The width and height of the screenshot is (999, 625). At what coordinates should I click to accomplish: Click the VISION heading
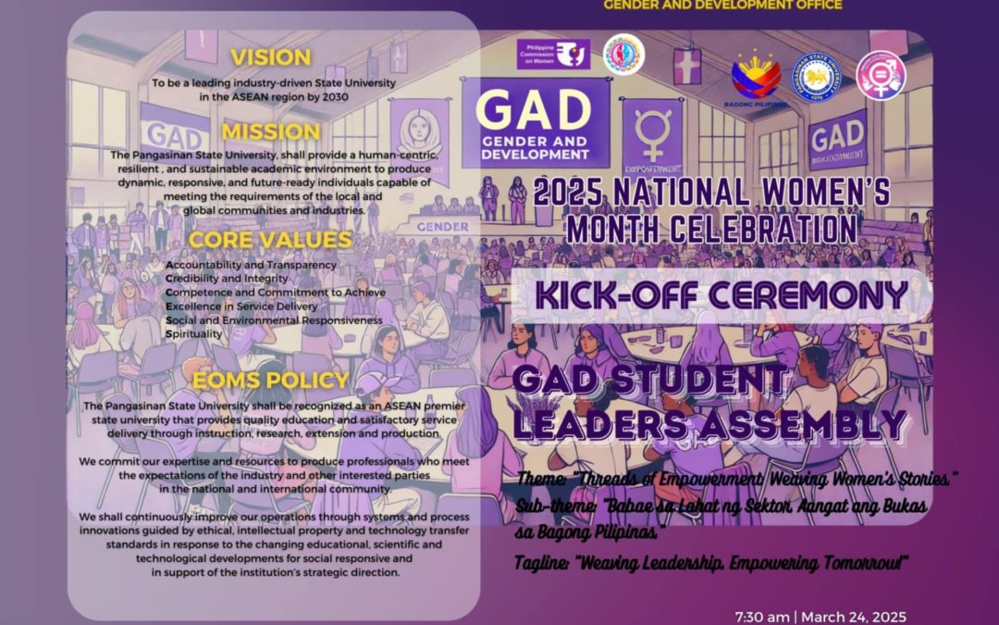tap(271, 57)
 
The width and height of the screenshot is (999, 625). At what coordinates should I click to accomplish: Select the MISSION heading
tap(271, 131)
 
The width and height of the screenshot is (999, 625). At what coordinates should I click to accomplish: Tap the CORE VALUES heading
tap(270, 240)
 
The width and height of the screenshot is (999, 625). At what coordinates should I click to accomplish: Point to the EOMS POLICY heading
tap(270, 381)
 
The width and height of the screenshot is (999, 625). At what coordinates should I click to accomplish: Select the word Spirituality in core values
tap(193, 332)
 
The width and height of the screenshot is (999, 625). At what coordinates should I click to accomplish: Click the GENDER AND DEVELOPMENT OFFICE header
tap(722, 5)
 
